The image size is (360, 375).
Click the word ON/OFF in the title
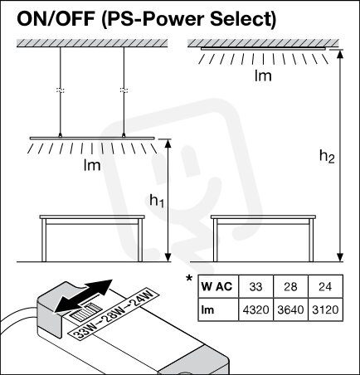tap(57, 18)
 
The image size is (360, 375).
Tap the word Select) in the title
tap(243, 19)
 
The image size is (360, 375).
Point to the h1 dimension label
tap(157, 201)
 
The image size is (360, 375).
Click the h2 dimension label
tap(327, 157)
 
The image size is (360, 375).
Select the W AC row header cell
tap(218, 286)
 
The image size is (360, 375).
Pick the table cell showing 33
tap(255, 286)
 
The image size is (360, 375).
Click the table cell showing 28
tap(290, 286)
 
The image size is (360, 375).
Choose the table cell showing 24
tap(325, 286)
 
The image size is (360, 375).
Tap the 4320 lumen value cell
tap(255, 309)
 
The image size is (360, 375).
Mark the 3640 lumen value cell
tap(290, 309)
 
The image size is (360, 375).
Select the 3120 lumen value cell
tap(325, 309)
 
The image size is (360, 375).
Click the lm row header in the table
tap(218, 309)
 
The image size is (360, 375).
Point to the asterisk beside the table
tap(189, 278)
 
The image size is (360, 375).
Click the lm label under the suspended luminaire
tap(92, 165)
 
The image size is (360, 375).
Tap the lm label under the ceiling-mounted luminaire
tap(263, 75)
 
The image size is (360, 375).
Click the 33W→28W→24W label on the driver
tap(114, 314)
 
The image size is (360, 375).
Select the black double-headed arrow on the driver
tap(83, 296)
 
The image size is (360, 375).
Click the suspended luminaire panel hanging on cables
tap(92, 138)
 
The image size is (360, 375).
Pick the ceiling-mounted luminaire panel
tap(263, 49)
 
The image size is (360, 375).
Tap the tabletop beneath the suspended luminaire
tap(92, 217)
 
